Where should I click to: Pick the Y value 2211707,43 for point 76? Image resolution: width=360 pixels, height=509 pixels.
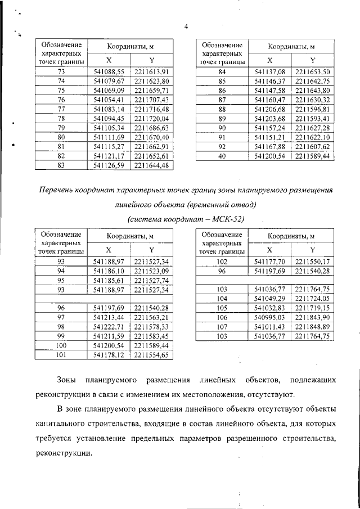(151, 99)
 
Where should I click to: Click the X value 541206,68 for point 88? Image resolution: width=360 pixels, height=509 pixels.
(270, 109)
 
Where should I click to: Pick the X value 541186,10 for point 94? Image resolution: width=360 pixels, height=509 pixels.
(109, 271)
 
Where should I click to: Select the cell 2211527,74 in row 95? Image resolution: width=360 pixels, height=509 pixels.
(151, 280)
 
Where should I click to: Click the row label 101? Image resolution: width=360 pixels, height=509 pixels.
(62, 355)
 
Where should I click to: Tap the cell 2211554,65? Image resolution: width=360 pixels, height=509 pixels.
(151, 355)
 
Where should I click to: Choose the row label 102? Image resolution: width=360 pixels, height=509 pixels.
(222, 262)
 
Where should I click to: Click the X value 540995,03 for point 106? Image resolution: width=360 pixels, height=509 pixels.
(270, 318)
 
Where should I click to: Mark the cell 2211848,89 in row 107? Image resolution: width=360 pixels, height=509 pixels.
(312, 327)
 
